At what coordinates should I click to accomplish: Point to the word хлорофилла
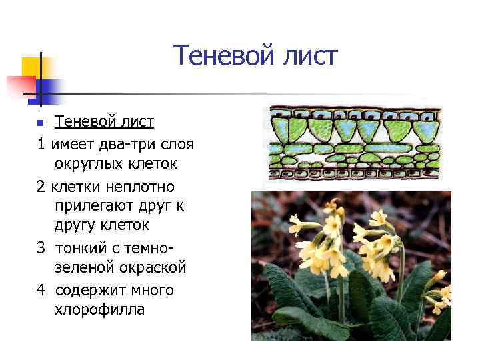pyautogui.click(x=99, y=310)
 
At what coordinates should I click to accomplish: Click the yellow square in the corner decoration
pyautogui.click(x=31, y=67)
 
